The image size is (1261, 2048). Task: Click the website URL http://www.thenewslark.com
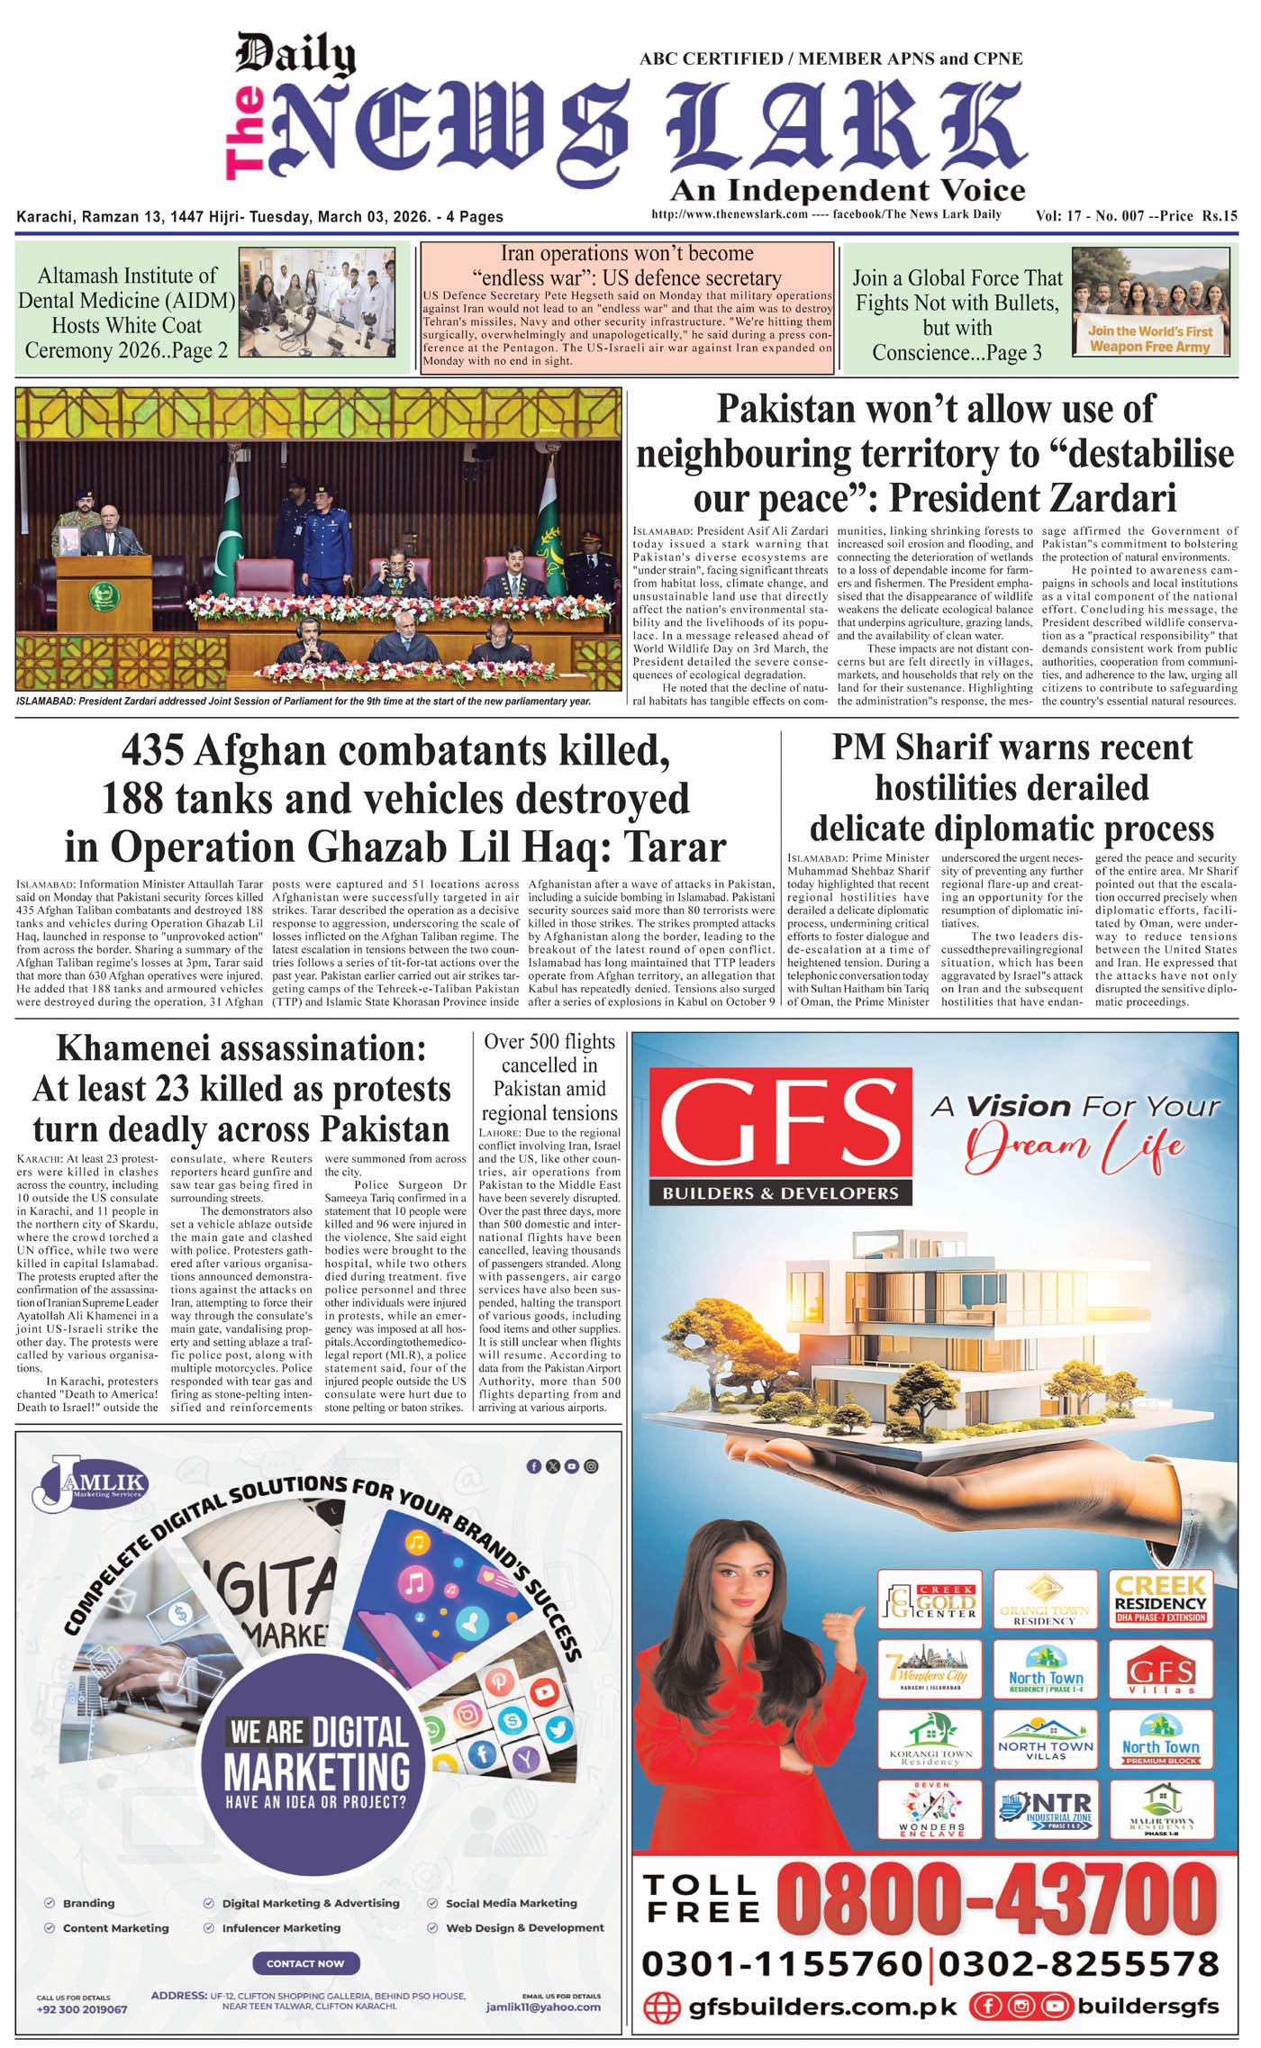pyautogui.click(x=729, y=214)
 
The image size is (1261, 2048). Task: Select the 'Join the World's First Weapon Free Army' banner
pyautogui.click(x=1150, y=339)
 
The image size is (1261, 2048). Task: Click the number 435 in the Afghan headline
pyautogui.click(x=153, y=750)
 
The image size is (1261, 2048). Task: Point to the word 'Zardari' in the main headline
pyautogui.click(x=1108, y=498)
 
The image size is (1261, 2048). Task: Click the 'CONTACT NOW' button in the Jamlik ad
pyautogui.click(x=305, y=1963)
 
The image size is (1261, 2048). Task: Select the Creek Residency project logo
pyautogui.click(x=1160, y=1599)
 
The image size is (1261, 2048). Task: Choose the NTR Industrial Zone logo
pyautogui.click(x=1046, y=1808)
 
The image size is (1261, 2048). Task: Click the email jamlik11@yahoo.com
pyautogui.click(x=543, y=2007)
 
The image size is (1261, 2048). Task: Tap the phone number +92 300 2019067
pyautogui.click(x=82, y=2009)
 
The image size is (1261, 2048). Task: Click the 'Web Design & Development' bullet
pyautogui.click(x=524, y=1927)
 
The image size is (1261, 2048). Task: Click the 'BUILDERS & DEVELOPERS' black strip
pyautogui.click(x=780, y=1193)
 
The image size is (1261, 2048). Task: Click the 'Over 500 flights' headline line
pyautogui.click(x=549, y=1042)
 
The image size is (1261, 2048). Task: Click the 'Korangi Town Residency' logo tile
pyautogui.click(x=930, y=1739)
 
